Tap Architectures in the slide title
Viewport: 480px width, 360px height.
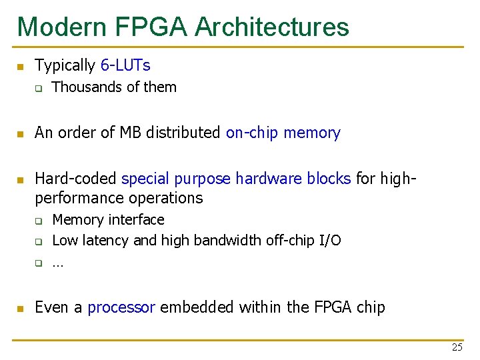272,27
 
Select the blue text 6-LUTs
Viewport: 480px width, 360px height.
125,65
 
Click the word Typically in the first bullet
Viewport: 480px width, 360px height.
65,65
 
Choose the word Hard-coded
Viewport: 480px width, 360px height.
76,179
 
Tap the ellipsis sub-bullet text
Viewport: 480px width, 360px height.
57,263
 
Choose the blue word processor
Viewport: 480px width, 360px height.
121,307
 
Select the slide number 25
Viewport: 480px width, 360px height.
457,347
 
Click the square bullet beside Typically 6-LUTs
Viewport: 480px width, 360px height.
21,66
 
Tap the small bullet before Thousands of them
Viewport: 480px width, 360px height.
39,88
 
